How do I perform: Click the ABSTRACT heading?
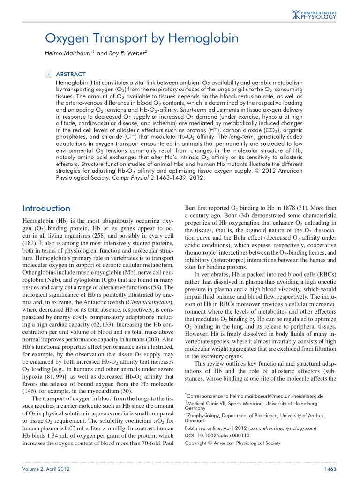[x=70, y=74]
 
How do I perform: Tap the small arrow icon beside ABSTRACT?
[x=47, y=74]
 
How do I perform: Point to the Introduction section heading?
[x=46, y=208]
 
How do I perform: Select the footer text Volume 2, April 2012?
[x=43, y=470]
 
